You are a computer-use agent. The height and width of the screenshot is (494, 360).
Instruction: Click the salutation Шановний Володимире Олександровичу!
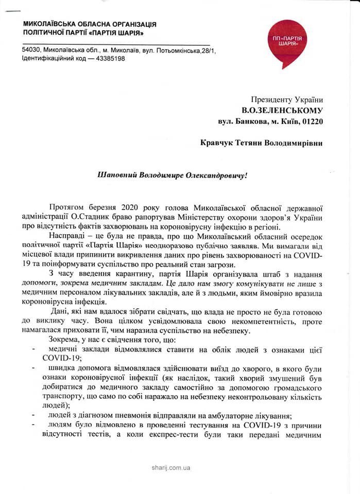point(173,175)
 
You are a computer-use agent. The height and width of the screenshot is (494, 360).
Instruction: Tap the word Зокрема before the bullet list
point(65,340)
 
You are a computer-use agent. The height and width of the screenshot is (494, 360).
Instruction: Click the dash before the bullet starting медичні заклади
point(33,350)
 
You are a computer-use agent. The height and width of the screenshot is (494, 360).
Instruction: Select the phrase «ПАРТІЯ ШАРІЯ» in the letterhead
point(116,33)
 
